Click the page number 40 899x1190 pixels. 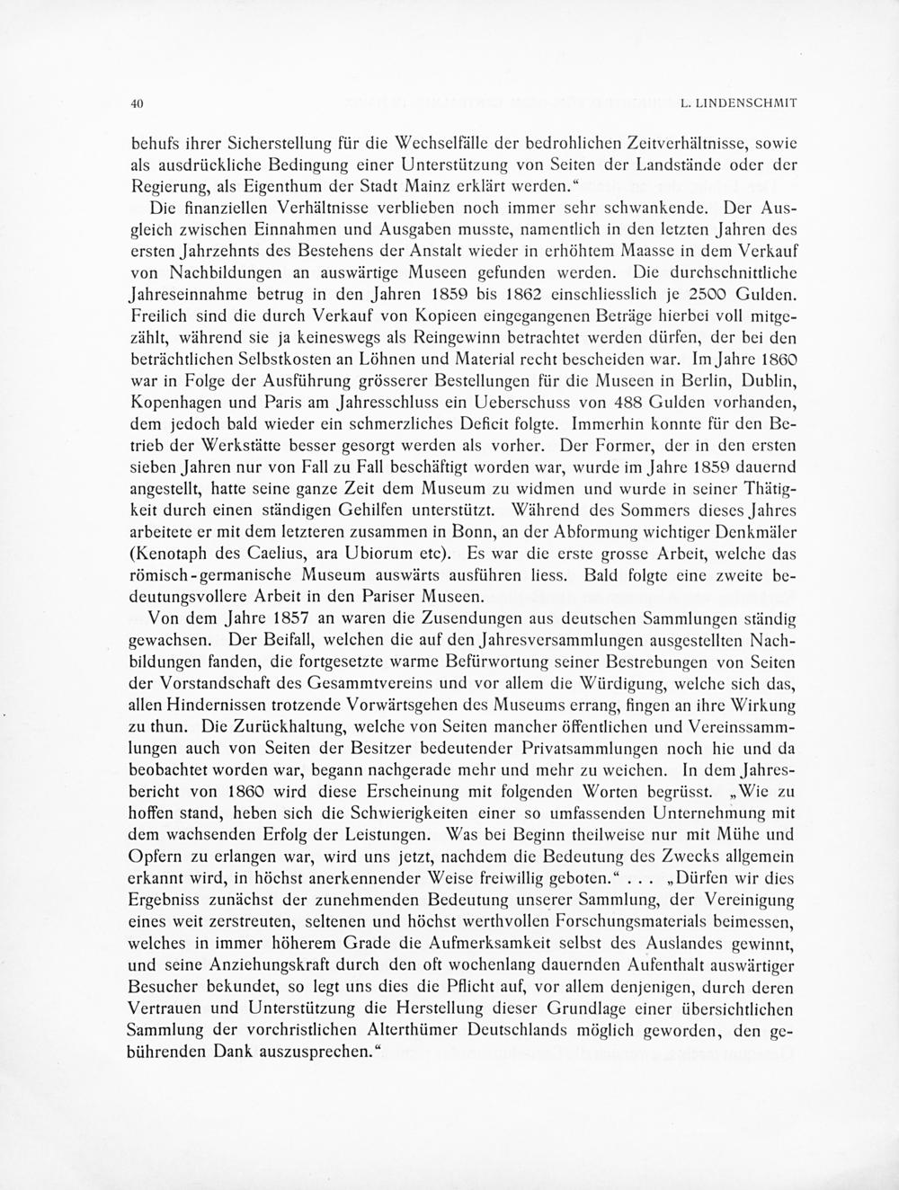click(138, 103)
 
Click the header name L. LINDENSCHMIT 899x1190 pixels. click(739, 103)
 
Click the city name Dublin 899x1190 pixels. click(775, 379)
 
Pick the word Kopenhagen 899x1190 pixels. click(176, 401)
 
